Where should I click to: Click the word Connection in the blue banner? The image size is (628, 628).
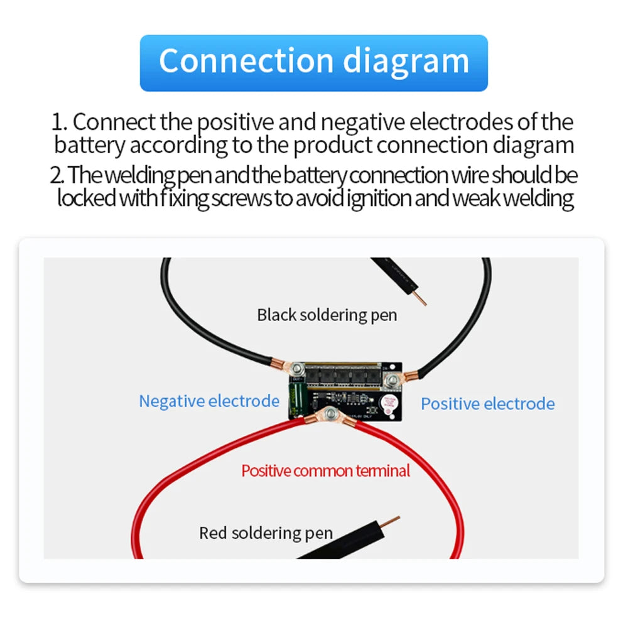click(245, 61)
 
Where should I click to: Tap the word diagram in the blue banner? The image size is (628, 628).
click(406, 61)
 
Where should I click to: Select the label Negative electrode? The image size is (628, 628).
click(209, 401)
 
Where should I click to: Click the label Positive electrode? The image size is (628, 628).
click(488, 403)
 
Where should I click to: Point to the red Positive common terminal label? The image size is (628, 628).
click(325, 470)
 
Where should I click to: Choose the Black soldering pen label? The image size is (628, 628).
click(327, 315)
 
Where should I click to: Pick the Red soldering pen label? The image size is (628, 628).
click(266, 533)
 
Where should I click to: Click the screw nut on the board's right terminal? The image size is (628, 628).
click(394, 379)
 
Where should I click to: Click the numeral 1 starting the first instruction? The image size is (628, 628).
click(58, 122)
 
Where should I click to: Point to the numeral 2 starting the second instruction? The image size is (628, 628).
click(57, 175)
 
